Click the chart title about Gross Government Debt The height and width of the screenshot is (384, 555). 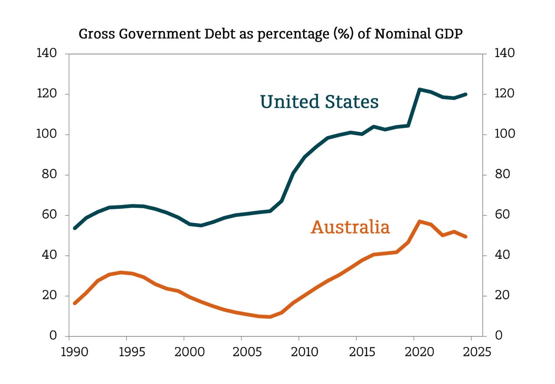tap(270, 35)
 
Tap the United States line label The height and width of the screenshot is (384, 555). tap(319, 102)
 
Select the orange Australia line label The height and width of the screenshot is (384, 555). tap(350, 227)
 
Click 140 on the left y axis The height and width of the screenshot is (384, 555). tap(47, 54)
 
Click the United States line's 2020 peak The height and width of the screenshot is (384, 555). tap(419, 89)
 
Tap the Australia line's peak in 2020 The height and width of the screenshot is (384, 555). tap(419, 221)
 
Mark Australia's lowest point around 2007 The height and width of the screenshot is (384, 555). tap(270, 317)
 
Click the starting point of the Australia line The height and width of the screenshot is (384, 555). tap(75, 303)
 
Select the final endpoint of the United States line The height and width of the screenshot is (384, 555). tap(466, 94)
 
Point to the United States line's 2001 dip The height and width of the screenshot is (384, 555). tap(200, 225)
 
